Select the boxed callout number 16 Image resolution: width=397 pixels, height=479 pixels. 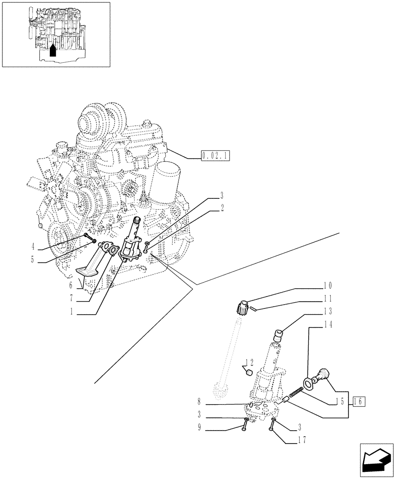tap(359, 401)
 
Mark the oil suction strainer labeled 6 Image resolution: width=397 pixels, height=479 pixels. tap(89, 272)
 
